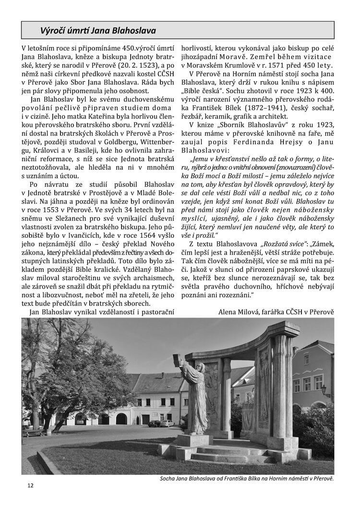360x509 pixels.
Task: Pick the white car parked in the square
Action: coord(167,423)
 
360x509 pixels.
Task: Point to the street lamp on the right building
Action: coord(325,390)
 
